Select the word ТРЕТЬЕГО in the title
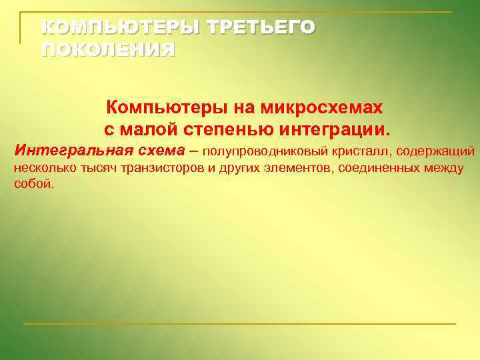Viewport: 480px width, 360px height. click(x=261, y=27)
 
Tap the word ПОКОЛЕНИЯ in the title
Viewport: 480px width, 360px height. click(x=108, y=50)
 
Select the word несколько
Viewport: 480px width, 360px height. click(x=45, y=167)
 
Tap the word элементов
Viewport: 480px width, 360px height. click(x=299, y=167)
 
